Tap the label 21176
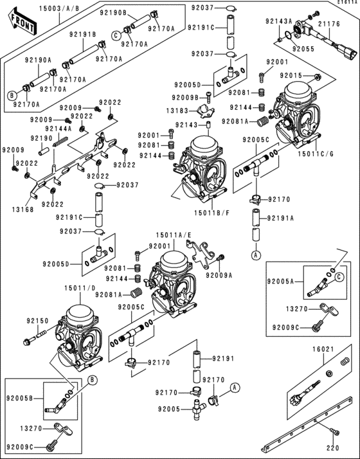(x=334, y=24)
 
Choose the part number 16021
(x=324, y=350)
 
